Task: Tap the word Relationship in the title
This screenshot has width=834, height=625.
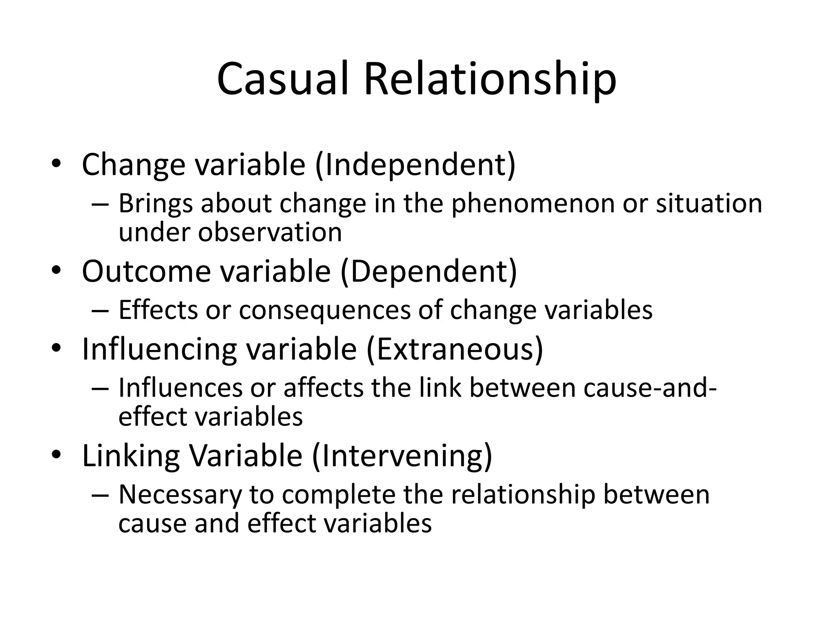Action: [x=490, y=79]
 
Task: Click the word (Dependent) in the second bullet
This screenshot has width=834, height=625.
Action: [x=429, y=272]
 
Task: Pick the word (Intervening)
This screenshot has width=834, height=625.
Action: [x=402, y=456]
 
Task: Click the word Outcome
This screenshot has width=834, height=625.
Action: [x=146, y=272]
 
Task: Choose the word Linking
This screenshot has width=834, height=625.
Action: [x=131, y=456]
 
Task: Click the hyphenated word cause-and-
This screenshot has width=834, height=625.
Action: [x=650, y=388]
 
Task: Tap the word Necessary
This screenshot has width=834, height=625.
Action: [x=180, y=495]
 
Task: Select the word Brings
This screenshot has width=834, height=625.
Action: [x=155, y=203]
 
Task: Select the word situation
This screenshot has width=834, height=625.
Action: [x=709, y=203]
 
